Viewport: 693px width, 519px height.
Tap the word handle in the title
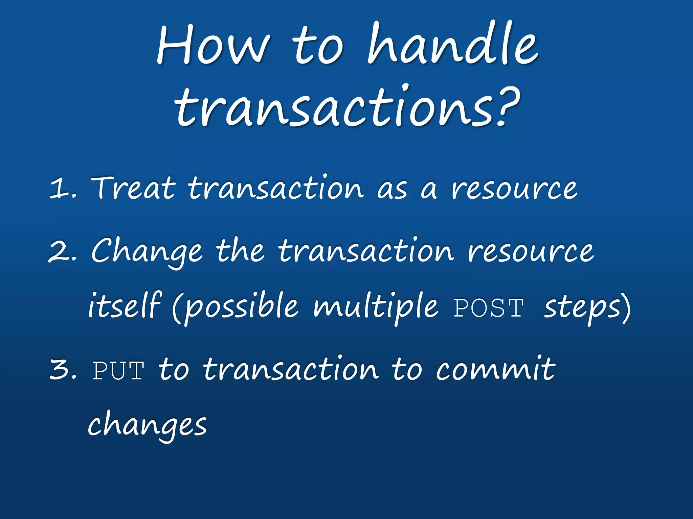(452, 44)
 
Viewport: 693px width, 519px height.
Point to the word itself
(124, 306)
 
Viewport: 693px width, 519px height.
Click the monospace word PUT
(118, 371)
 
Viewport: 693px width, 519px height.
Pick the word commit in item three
(495, 370)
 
